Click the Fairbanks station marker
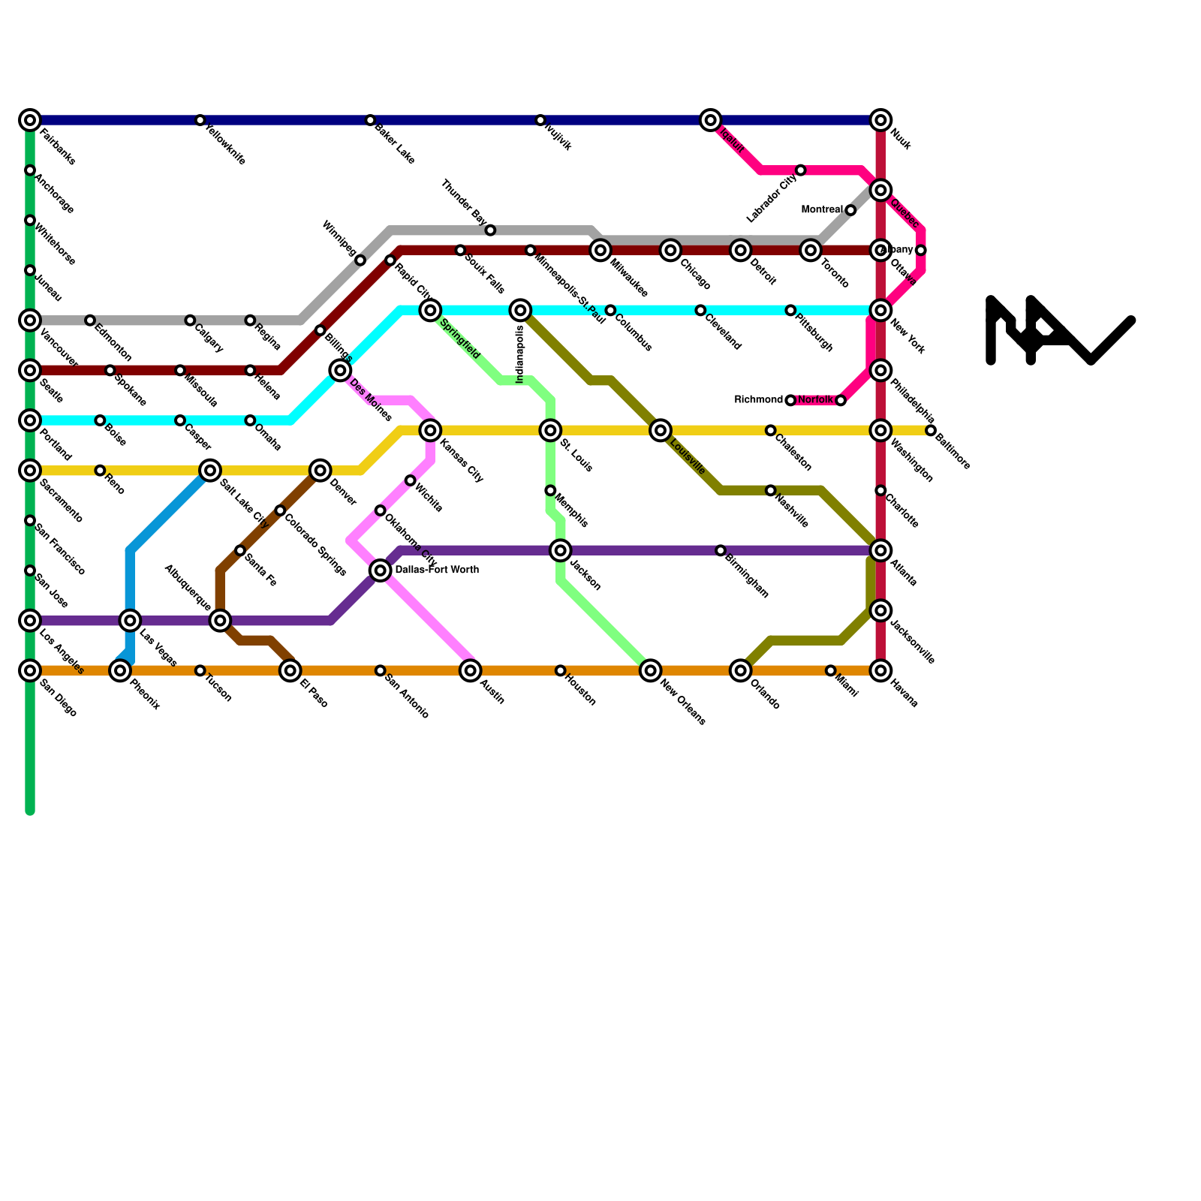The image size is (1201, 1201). click(x=30, y=120)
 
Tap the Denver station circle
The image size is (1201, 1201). click(x=321, y=471)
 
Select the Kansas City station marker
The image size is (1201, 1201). click(x=430, y=430)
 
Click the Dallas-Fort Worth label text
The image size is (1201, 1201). click(x=436, y=570)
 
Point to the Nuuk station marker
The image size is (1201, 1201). click(x=881, y=120)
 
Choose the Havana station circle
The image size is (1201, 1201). click(x=881, y=670)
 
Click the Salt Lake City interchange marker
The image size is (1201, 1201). click(x=211, y=471)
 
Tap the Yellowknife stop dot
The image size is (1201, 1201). click(x=200, y=120)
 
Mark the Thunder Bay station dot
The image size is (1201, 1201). click(x=490, y=230)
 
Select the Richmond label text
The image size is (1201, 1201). click(x=758, y=400)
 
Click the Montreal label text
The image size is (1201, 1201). click(x=822, y=209)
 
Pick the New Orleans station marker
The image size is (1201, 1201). click(x=651, y=670)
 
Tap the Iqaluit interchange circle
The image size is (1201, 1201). click(x=711, y=120)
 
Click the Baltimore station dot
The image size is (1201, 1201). click(x=931, y=430)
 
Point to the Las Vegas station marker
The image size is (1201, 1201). click(x=131, y=621)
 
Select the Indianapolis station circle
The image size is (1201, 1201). click(x=520, y=310)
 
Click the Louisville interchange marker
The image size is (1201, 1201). click(x=661, y=430)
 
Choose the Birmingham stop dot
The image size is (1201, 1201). click(x=721, y=551)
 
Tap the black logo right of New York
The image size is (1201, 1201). click(x=1060, y=330)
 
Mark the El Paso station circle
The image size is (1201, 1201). click(x=290, y=670)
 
